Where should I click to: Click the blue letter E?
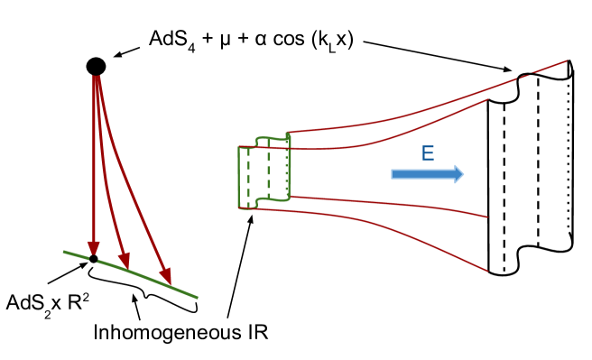click(428, 154)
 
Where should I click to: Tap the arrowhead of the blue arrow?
click(458, 174)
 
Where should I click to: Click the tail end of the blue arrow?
click(393, 174)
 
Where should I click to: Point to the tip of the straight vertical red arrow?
click(93, 256)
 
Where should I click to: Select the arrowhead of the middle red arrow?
click(125, 264)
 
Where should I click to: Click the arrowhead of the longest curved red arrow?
click(167, 279)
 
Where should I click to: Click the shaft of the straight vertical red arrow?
click(93, 162)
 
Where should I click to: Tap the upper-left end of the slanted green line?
click(64, 252)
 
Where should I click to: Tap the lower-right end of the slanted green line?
click(196, 297)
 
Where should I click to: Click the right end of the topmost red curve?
click(566, 61)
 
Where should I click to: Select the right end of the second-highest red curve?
click(487, 99)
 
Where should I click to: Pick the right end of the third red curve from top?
click(487, 217)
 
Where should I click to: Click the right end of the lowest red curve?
click(487, 270)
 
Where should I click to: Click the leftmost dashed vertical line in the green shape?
click(249, 178)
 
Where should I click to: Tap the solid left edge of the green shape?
click(239, 178)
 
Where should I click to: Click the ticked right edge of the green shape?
click(289, 167)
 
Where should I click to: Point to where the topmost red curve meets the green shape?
click(289, 133)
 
